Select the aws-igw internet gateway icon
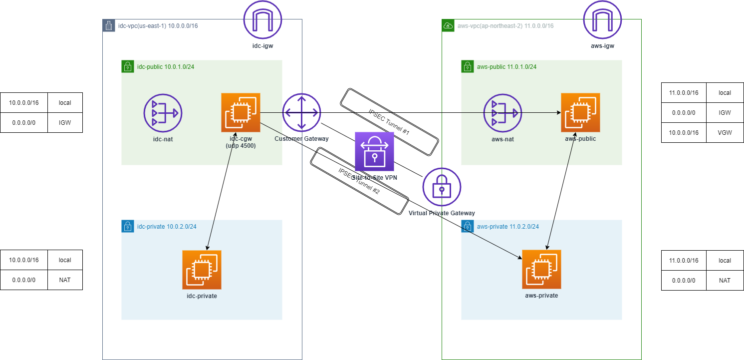pos(602,19)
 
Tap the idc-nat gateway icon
pos(163,113)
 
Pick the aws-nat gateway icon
pos(502,113)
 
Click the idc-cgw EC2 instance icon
pos(241,112)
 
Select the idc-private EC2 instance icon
pos(202,270)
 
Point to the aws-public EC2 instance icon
pos(580,112)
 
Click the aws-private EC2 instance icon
pos(541,270)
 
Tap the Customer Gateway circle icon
pos(301,112)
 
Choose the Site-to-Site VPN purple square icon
pos(374,151)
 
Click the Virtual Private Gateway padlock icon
pos(442,187)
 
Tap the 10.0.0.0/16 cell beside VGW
pos(683,133)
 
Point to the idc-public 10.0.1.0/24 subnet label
pos(166,67)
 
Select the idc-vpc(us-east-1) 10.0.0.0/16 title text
pos(158,25)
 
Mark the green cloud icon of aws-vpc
pos(448,25)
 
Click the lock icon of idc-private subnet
pos(128,227)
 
